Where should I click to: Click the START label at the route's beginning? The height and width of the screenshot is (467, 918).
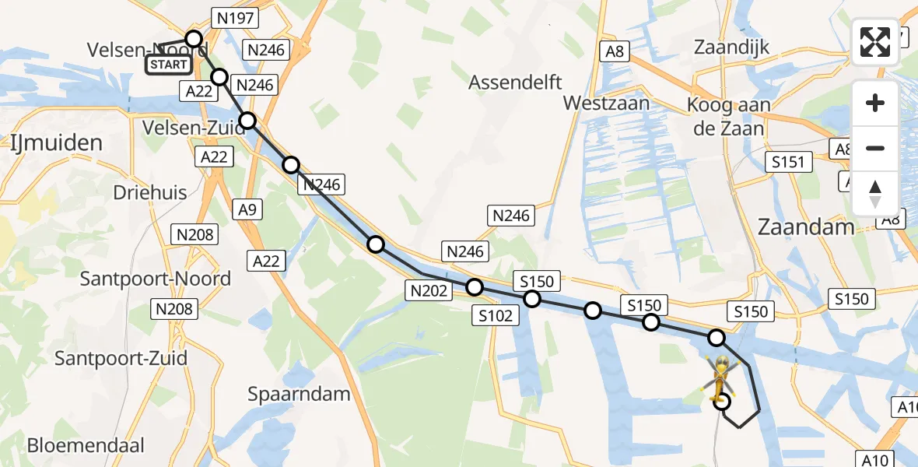[x=168, y=65]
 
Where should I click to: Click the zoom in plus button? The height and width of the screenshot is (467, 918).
[x=875, y=103]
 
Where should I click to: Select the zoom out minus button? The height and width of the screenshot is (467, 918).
[x=875, y=148]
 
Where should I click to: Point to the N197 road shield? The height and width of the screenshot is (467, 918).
[x=235, y=19]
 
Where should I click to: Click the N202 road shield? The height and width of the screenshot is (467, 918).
[x=427, y=291]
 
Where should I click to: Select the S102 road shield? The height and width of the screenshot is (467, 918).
[x=496, y=315]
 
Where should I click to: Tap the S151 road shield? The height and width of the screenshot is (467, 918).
[x=788, y=162]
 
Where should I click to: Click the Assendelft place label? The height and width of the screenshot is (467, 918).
[x=515, y=82]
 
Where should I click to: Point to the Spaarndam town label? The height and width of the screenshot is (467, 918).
[x=300, y=394]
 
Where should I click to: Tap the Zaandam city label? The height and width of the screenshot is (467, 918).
[x=806, y=227]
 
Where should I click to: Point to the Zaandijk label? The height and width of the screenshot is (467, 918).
[x=734, y=47]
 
